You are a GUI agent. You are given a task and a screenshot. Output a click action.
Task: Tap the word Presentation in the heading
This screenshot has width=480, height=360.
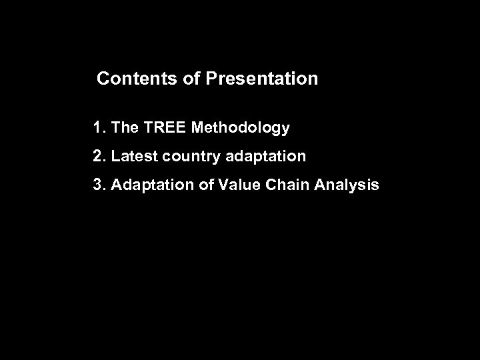coord(262,79)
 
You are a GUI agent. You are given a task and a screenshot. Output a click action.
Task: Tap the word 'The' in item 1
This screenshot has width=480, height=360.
coord(124,127)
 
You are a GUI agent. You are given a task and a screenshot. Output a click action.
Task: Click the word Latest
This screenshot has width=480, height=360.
coord(132,157)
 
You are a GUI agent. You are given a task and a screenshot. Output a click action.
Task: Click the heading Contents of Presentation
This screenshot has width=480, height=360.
coord(207,79)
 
